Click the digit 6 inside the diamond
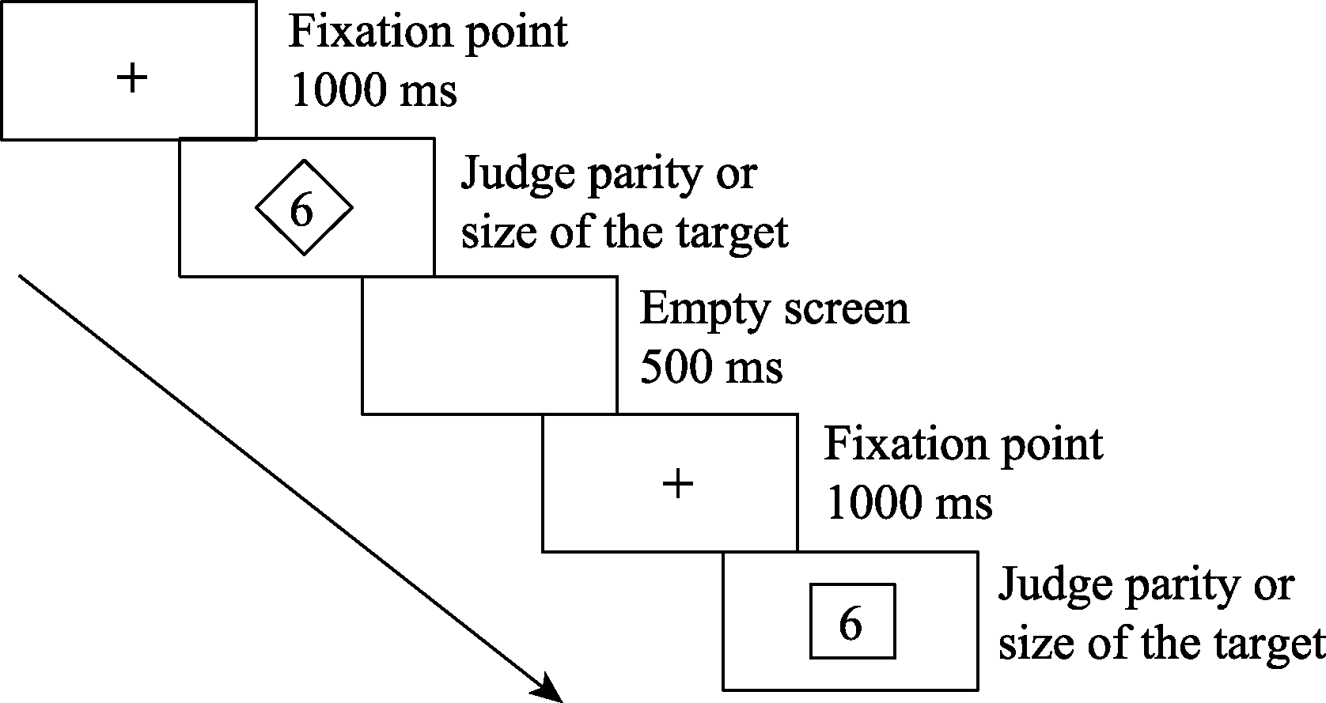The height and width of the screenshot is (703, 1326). [x=301, y=210]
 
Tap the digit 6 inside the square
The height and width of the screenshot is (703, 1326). [x=850, y=624]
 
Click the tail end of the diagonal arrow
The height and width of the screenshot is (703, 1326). [x=21, y=277]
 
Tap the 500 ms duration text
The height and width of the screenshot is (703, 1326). [x=710, y=368]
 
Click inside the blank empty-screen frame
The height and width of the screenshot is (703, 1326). [x=489, y=346]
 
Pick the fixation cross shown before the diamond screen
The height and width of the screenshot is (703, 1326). [x=132, y=78]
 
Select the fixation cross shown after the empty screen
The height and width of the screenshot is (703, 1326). [x=677, y=483]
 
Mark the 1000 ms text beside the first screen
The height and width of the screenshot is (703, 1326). [x=373, y=92]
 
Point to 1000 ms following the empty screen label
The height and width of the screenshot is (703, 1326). [x=908, y=503]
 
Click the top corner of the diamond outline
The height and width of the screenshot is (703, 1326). [x=304, y=161]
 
